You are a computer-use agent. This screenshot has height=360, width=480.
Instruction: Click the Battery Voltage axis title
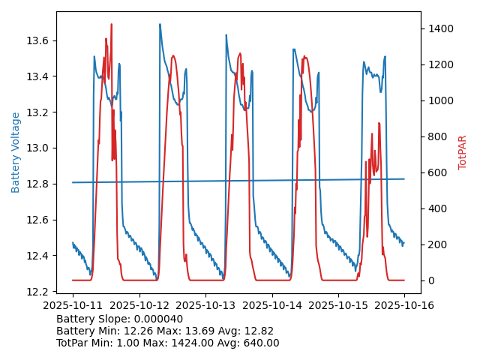16,152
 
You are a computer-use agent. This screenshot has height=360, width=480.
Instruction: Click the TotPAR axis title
463,152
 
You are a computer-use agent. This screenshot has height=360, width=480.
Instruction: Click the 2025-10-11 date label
73,306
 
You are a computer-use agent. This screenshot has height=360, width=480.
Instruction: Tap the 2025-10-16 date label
405,306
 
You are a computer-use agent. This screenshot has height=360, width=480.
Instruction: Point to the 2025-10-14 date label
272,306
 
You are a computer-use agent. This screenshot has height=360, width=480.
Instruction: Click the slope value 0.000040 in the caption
160,319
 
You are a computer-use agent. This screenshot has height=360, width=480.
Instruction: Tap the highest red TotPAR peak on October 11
111,25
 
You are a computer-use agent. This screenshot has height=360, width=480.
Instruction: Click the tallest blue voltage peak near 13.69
160,24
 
